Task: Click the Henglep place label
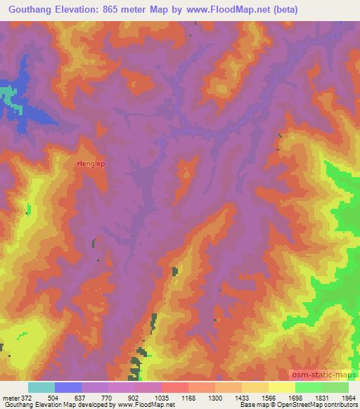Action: [90, 164]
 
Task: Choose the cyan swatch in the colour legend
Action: [41, 387]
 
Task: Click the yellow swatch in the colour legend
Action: [281, 387]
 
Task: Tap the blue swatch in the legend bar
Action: [68, 387]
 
